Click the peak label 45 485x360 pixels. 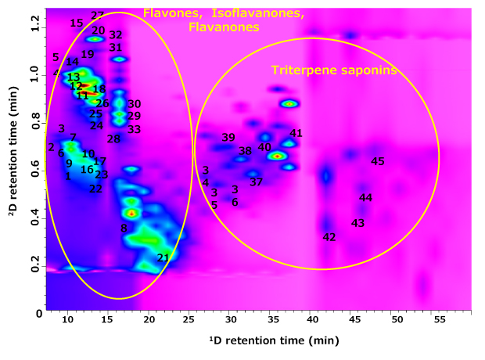point(378,162)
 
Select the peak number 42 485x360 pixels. point(329,237)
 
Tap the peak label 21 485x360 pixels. point(163,258)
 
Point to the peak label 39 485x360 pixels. point(228,138)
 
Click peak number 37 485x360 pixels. point(256,182)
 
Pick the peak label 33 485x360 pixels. point(134,129)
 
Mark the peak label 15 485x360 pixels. point(76,23)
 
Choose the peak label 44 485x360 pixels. point(365,198)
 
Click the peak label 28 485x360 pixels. point(113,139)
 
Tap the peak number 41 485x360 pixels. point(296,134)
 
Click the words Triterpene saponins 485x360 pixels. point(334,70)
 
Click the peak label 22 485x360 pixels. point(95,189)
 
